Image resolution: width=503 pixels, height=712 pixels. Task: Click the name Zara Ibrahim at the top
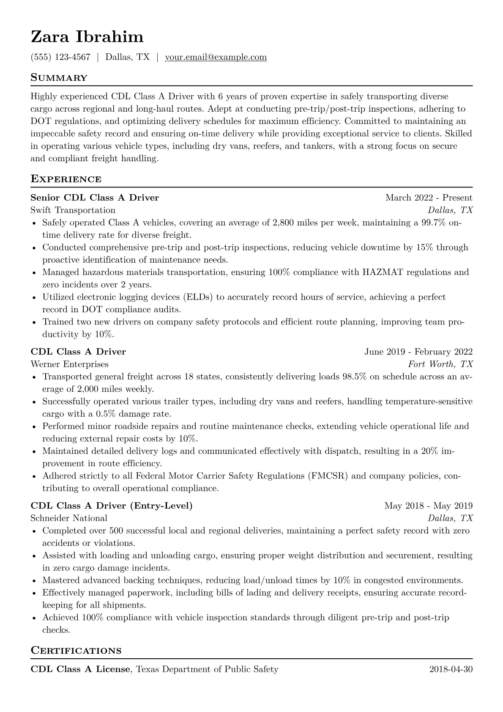87,37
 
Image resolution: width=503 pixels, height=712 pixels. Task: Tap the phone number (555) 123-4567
60,57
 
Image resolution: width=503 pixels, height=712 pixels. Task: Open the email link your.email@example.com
216,57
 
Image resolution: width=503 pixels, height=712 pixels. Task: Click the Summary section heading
59,78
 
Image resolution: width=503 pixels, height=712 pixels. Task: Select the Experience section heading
66,179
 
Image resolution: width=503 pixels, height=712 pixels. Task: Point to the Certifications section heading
76,650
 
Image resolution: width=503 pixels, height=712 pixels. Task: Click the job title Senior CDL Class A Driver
95,198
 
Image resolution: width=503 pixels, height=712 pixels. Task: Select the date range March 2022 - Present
429,198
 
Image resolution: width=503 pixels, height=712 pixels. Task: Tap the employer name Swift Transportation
73,210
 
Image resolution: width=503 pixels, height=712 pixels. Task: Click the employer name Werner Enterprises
69,364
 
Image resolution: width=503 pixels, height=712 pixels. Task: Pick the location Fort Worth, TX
440,364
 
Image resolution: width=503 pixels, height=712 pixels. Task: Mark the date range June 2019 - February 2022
418,352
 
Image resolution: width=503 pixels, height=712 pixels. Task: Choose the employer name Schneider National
69,518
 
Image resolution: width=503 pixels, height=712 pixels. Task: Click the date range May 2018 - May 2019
428,506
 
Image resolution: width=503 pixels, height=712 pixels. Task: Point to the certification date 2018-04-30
451,669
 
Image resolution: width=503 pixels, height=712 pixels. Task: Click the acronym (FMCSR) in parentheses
328,476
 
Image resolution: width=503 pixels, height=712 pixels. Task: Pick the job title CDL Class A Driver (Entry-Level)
112,506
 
